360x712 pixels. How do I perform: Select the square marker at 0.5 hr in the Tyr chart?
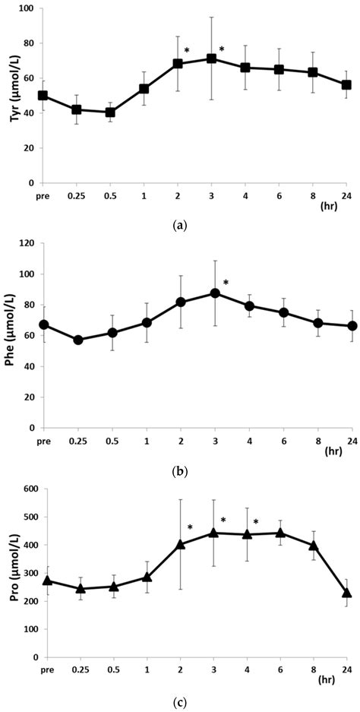click(x=110, y=112)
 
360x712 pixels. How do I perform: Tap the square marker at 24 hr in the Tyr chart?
click(x=346, y=85)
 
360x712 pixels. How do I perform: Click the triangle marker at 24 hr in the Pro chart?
click(x=346, y=593)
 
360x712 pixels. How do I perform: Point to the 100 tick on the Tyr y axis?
click(x=27, y=8)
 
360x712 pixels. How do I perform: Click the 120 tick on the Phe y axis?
click(x=27, y=244)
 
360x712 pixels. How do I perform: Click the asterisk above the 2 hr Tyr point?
click(x=187, y=51)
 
